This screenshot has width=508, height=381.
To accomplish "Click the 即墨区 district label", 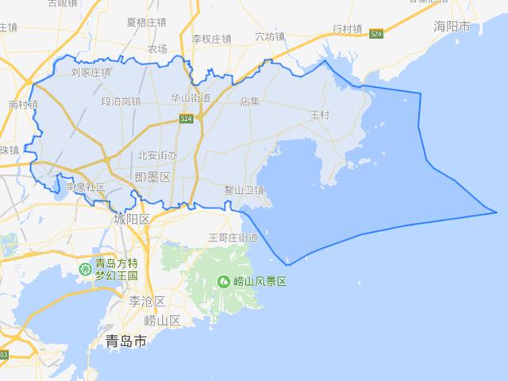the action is tap(153, 178).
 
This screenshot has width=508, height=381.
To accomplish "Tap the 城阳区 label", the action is tap(132, 219).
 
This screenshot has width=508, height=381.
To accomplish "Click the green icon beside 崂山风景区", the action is tap(225, 281).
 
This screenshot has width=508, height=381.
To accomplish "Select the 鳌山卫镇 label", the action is tap(244, 190).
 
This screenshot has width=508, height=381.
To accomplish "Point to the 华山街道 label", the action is tap(190, 98).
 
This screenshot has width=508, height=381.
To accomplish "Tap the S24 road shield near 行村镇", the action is tap(376, 32).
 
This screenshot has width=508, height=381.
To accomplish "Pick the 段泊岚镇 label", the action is tap(121, 101).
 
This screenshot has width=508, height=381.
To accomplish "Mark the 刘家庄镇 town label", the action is tap(90, 72).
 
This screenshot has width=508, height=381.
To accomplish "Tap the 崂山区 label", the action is tap(163, 321).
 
